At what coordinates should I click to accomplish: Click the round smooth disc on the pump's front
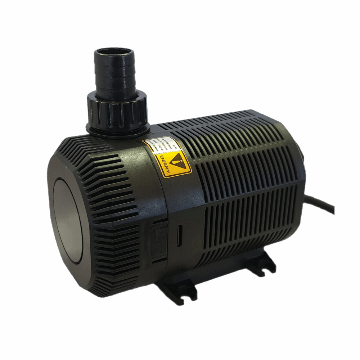click(68, 220)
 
